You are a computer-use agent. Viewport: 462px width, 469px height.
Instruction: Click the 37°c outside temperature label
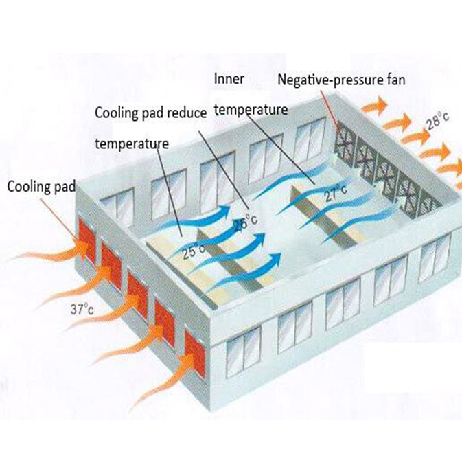click(x=82, y=309)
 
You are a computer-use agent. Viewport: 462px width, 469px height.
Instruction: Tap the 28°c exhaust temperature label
click(x=438, y=120)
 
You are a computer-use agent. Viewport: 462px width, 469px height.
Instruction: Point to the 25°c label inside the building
click(x=194, y=251)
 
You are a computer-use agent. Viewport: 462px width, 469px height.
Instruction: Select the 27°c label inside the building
click(x=336, y=192)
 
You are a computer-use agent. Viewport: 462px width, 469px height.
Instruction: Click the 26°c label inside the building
click(x=246, y=222)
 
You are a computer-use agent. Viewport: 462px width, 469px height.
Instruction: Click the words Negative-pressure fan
click(x=341, y=80)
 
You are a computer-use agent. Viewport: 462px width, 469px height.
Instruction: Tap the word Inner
click(x=229, y=79)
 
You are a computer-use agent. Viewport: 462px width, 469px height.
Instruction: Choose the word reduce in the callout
click(x=187, y=113)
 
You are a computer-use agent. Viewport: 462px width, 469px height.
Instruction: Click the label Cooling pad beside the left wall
click(x=41, y=187)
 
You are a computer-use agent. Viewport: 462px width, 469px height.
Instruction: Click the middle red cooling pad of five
click(x=138, y=295)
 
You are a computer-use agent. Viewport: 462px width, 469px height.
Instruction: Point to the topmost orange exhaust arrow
click(x=374, y=104)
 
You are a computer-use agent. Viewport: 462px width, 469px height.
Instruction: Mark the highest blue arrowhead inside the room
click(x=224, y=211)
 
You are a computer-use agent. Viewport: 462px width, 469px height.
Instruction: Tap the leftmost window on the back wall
click(x=117, y=207)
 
